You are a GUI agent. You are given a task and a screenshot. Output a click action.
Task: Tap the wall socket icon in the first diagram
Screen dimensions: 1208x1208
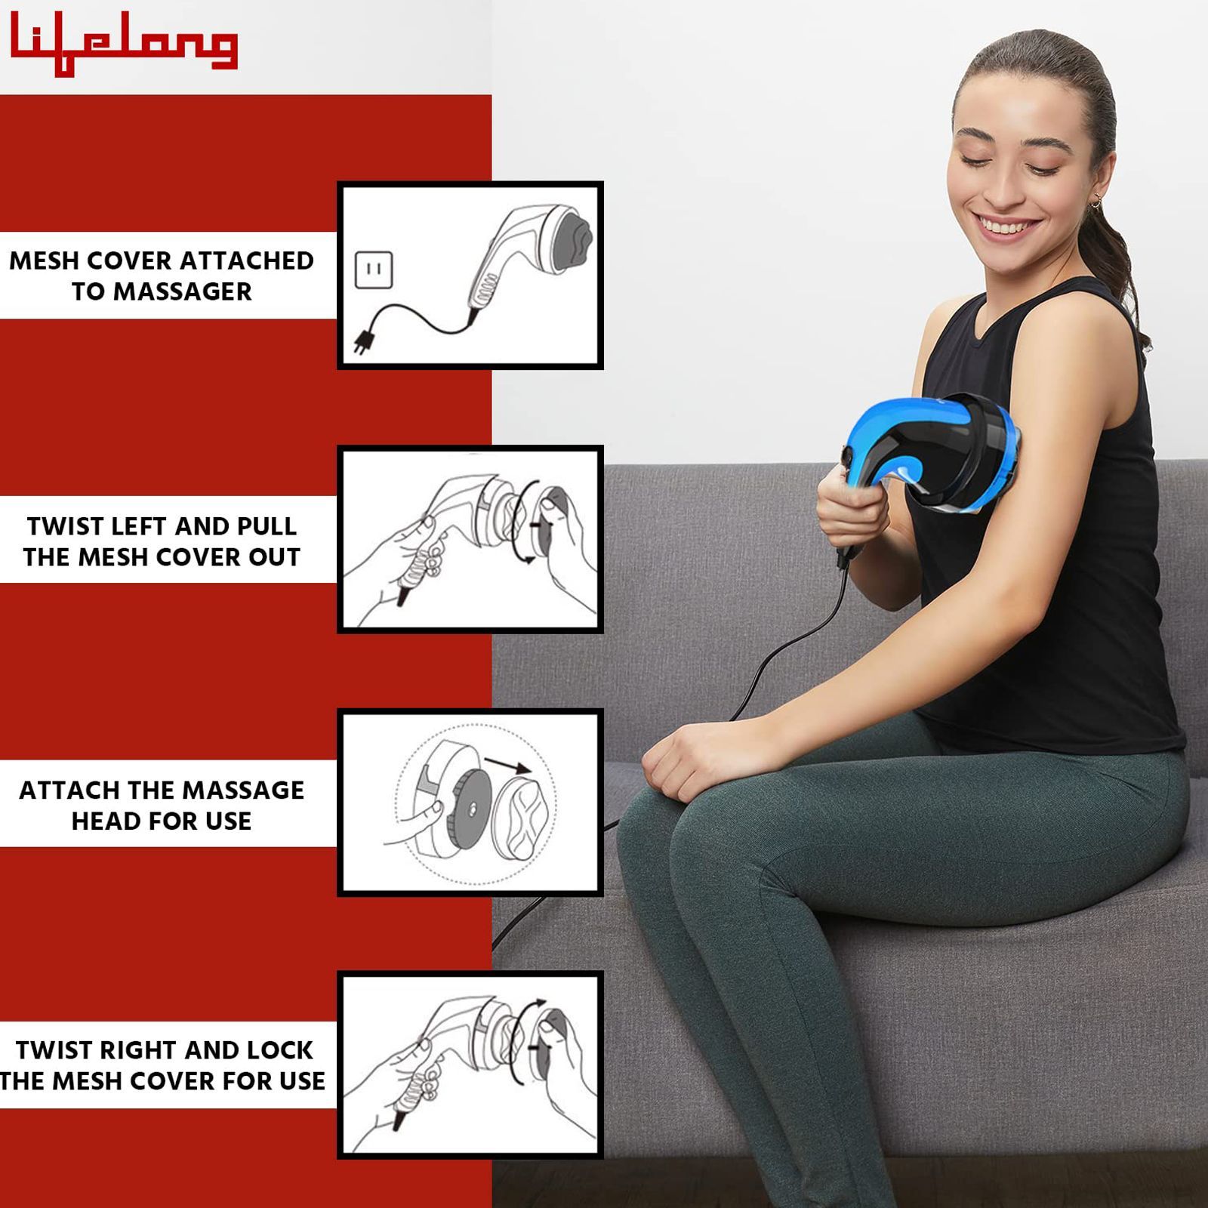pos(374,270)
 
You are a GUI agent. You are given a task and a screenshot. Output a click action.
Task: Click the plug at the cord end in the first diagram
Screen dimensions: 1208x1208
pos(364,344)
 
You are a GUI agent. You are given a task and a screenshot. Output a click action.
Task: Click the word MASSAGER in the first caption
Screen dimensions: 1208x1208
pos(182,291)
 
